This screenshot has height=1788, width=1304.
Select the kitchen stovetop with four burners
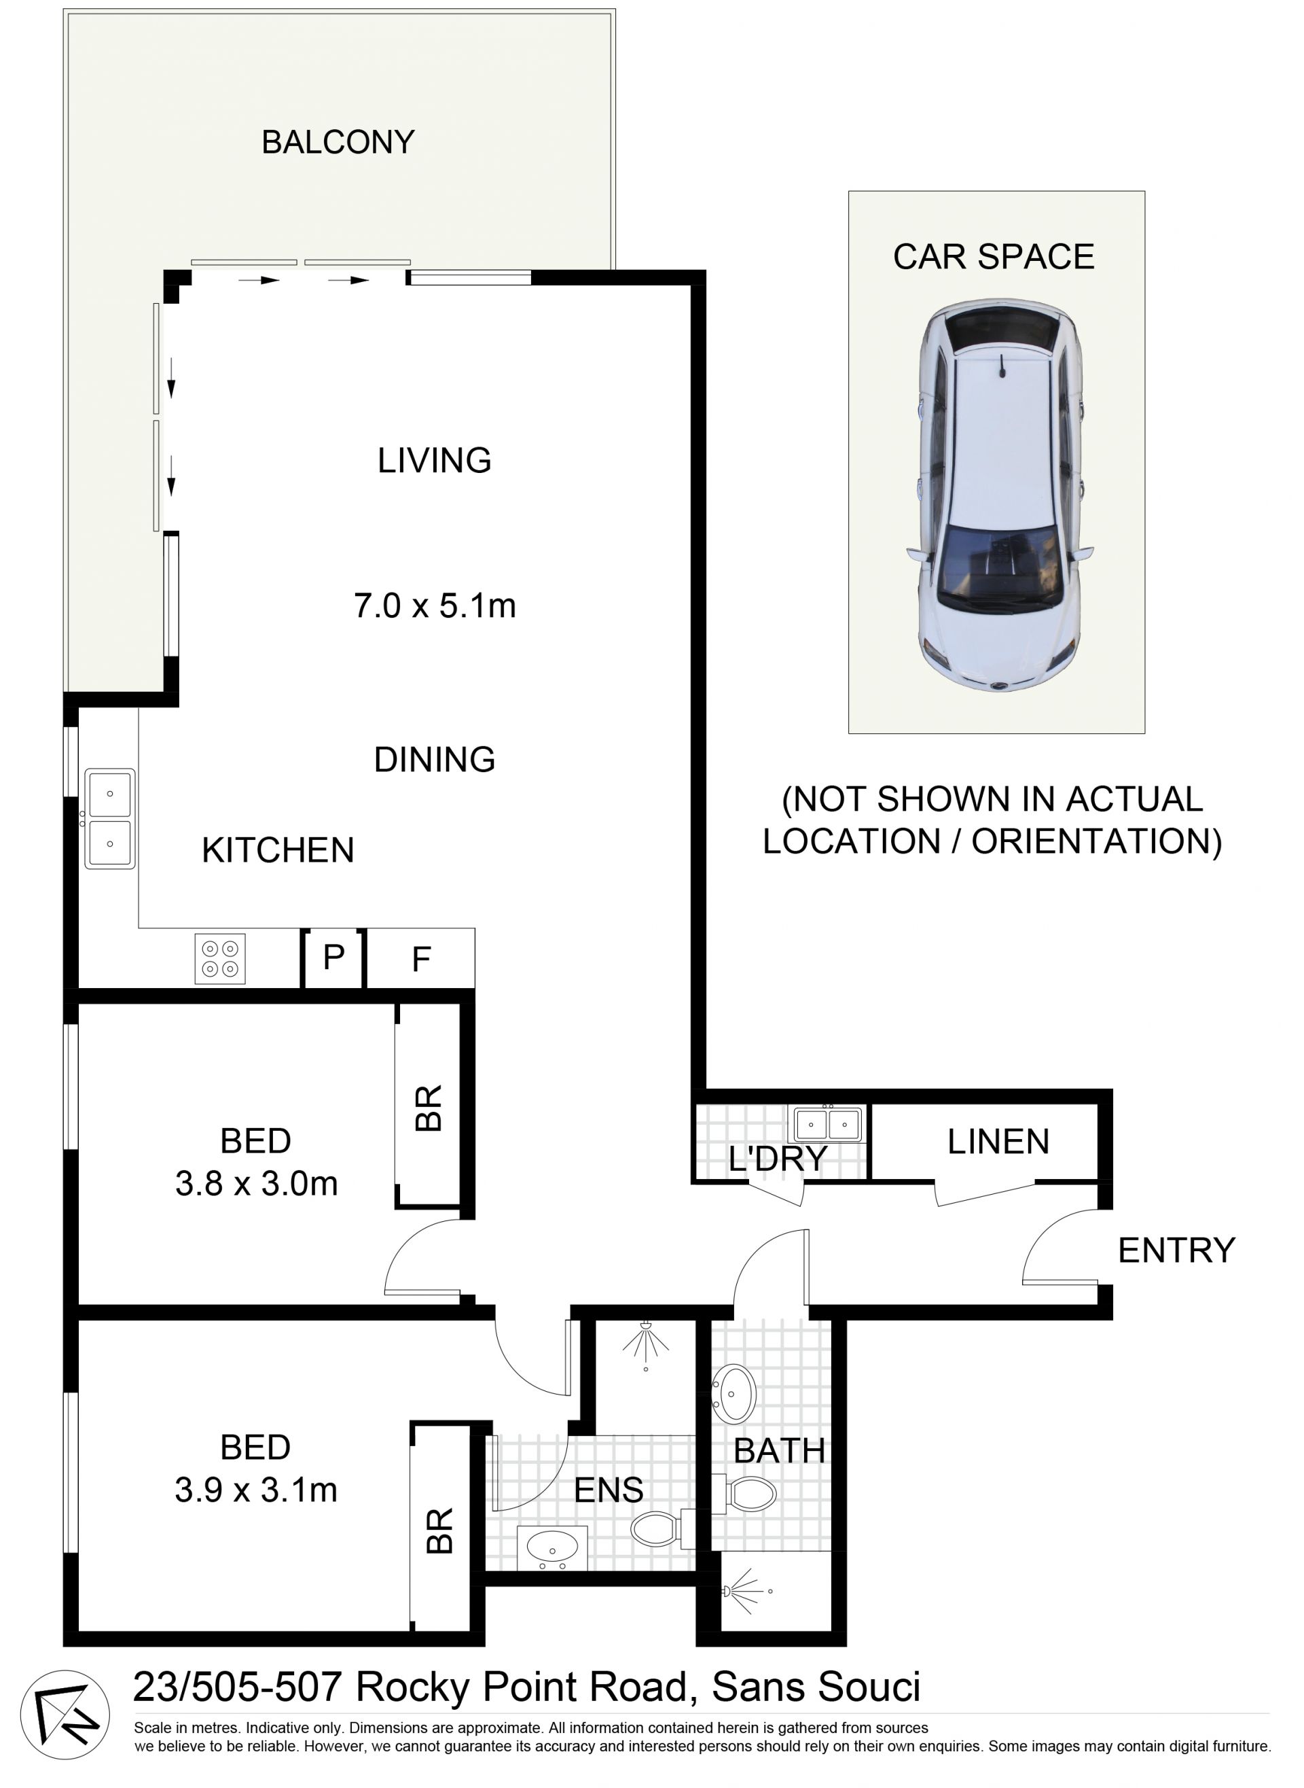(220, 959)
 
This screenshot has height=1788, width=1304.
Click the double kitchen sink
(110, 819)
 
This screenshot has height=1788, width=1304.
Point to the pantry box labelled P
(334, 958)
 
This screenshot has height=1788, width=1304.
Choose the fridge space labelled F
(420, 958)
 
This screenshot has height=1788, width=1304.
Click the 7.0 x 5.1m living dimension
(435, 606)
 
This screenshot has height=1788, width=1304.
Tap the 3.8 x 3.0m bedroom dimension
(257, 1183)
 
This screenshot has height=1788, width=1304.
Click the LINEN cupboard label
(998, 1141)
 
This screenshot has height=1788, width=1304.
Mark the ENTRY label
(1177, 1250)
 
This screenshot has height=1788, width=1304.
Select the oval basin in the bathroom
(734, 1393)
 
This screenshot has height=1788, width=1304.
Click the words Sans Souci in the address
(816, 1687)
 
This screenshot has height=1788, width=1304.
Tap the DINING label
(435, 760)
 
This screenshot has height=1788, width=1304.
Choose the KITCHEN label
(278, 851)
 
